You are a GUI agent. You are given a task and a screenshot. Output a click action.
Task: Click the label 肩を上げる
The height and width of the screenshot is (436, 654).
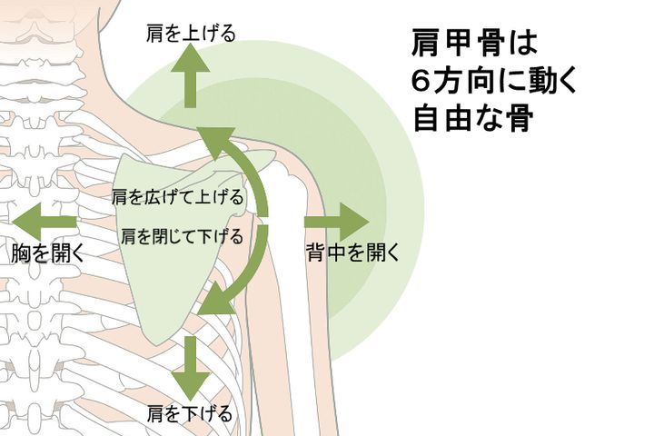tap(191, 35)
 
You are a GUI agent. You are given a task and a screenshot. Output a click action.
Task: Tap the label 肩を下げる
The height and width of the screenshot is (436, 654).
tap(191, 414)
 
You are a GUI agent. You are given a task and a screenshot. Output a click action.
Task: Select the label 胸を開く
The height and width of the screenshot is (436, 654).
tap(47, 253)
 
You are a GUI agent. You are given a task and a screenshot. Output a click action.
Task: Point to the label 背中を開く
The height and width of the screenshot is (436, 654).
tap(353, 253)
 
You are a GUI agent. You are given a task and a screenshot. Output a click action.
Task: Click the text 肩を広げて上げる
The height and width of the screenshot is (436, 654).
tap(178, 197)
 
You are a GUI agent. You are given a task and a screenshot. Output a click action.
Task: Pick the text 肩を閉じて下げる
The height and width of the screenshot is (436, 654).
tap(182, 237)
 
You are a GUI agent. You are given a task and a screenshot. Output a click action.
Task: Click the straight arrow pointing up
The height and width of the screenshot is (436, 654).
tap(191, 77)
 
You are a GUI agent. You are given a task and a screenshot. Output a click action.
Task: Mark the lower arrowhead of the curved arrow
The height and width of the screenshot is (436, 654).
tap(215, 301)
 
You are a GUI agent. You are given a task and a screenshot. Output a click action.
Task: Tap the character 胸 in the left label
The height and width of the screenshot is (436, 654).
tap(20, 253)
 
